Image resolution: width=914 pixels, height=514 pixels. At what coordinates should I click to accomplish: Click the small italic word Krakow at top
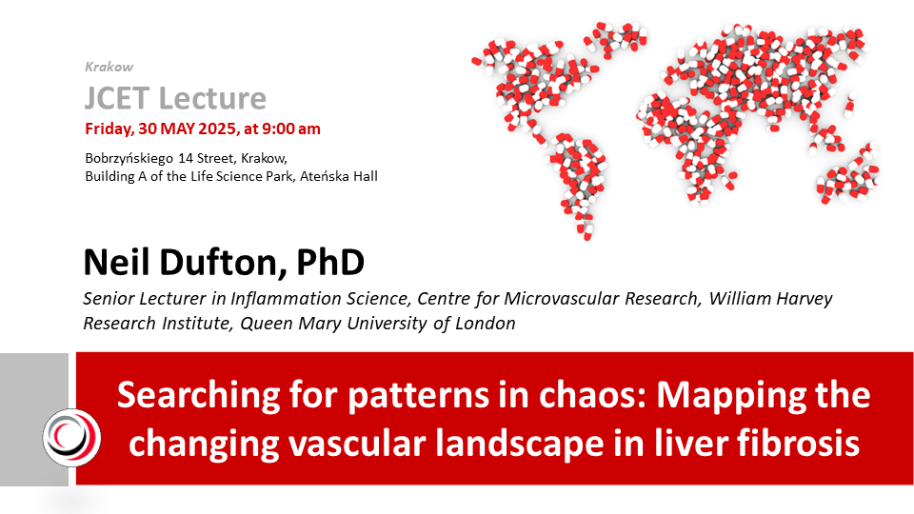point(109,67)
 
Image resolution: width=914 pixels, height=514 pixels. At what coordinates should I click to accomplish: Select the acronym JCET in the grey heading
point(117,98)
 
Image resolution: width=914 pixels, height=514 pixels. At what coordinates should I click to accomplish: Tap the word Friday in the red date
point(109,128)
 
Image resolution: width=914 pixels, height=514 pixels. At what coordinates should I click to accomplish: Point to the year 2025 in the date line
point(217,128)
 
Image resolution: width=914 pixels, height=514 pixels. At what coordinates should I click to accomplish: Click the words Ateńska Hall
point(339,176)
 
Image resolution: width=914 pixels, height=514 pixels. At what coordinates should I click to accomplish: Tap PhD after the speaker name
point(330,263)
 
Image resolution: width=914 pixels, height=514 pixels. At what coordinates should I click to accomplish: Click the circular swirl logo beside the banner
point(71,438)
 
